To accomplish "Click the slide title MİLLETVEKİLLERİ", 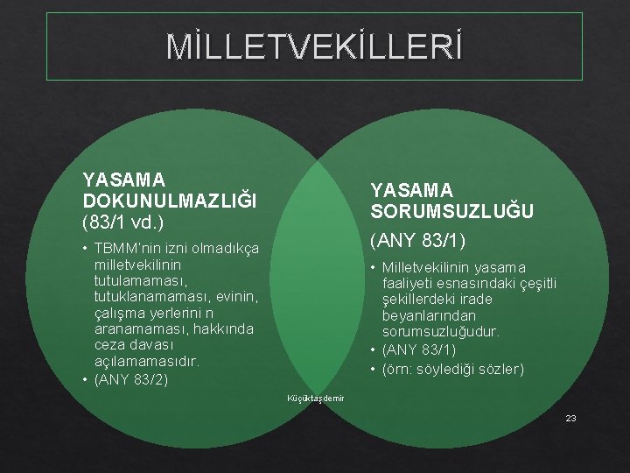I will (314, 47).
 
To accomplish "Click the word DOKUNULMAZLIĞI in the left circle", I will (170, 200).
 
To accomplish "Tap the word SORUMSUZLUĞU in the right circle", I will (451, 211).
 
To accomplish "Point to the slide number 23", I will (570, 419).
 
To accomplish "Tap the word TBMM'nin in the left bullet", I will (129, 248).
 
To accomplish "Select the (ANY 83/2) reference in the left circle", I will (130, 379).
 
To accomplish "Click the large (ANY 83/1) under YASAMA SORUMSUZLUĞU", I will (418, 239).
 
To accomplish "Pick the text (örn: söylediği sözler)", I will (452, 369).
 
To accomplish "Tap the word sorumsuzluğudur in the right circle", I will (440, 332).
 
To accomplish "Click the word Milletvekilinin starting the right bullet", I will (424, 266).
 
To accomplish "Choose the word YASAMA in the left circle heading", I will (124, 180).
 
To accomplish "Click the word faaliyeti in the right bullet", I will (411, 283).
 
